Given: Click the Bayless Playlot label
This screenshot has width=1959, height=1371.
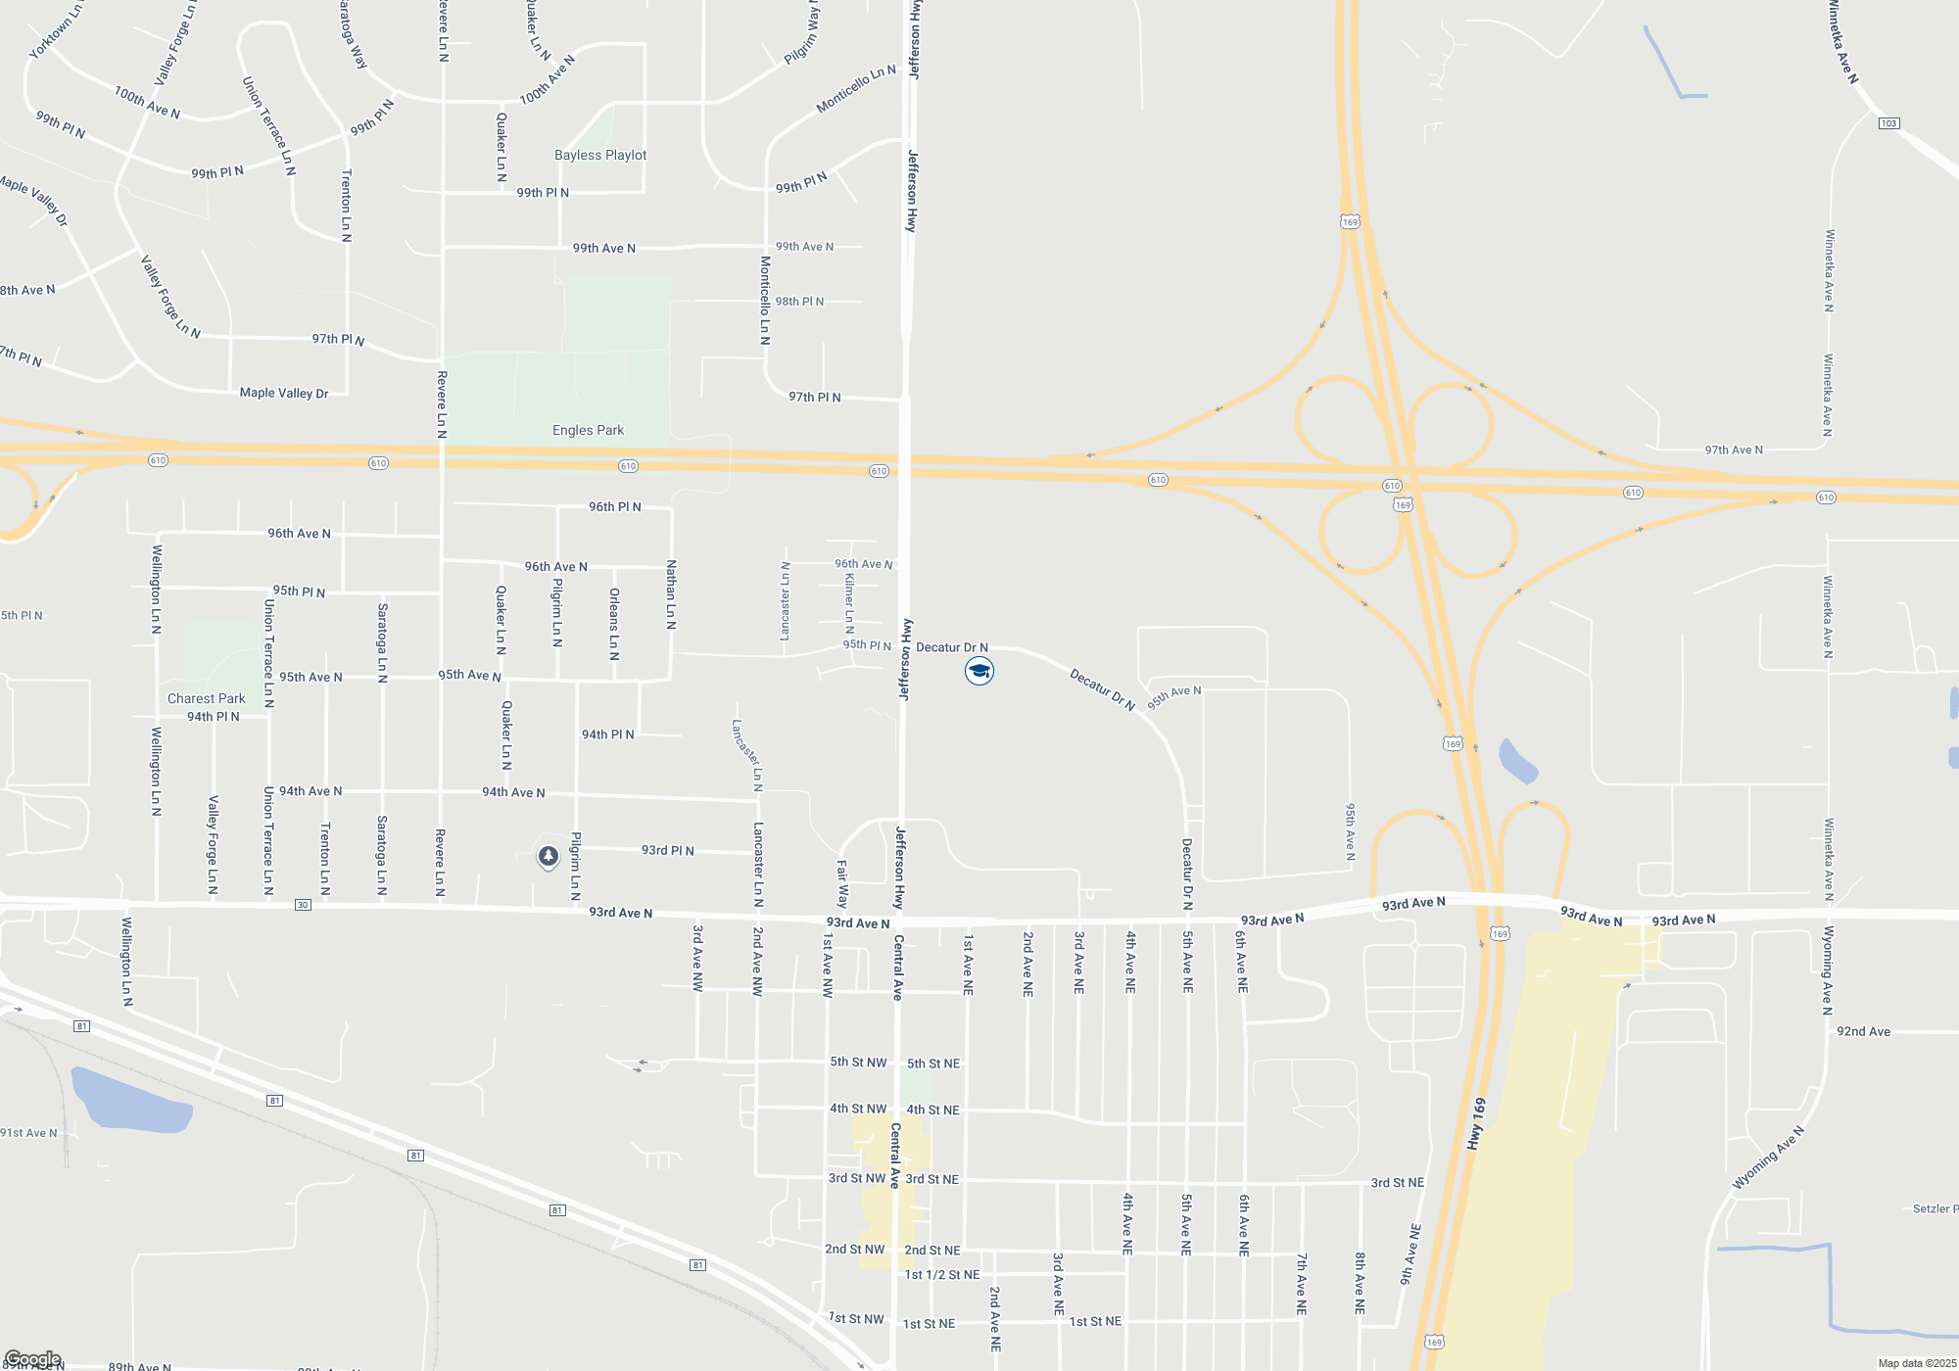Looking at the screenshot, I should pos(600,155).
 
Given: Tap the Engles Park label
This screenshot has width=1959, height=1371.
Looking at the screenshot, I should pos(588,430).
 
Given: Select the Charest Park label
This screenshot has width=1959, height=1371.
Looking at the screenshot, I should pos(206,698).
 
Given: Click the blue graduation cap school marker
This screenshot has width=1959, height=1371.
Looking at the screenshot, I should pos(979,671).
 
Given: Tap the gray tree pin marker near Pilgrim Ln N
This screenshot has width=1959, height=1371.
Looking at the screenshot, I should pos(549,857).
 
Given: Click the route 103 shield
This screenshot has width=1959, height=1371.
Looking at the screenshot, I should pos(1888,123).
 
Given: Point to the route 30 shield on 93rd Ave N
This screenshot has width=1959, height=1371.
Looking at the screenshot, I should pos(304,905).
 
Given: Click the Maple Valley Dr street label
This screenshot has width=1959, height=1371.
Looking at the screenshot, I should pos(284,393).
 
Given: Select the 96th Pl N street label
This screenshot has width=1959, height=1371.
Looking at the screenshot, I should pos(614,506).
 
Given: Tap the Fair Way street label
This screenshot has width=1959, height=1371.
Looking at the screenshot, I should pos(841,883).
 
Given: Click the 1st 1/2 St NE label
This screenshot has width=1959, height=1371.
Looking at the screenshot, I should pos(942,1274).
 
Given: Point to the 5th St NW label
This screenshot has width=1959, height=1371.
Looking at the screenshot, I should pos(858,1062).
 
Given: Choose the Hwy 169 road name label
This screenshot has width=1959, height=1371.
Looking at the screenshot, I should pos(1477,1123).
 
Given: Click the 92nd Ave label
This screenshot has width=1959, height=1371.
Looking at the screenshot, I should pos(1863,1031).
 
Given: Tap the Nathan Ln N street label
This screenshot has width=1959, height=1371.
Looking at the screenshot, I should pos(671,594).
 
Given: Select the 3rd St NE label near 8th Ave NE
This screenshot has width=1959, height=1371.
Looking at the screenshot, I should pos(1397,1183).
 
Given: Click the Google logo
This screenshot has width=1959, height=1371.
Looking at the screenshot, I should pos(32,1359).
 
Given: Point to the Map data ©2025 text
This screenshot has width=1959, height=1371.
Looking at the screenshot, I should pos(1916,1363).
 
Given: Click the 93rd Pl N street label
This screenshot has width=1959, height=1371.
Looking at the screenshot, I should pos(667,850).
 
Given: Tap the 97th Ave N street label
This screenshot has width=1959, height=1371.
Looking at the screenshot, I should pos(1733,450).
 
